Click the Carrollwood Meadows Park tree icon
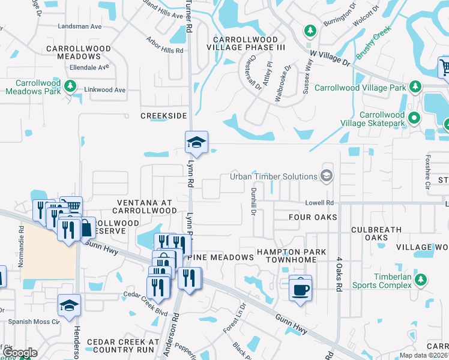coord(70,86)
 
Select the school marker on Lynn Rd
coord(196,143)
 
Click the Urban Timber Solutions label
coord(274,176)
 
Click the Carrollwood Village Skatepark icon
coord(414,119)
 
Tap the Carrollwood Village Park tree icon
coord(415,88)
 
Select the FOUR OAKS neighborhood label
coord(313,217)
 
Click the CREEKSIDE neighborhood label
coord(164,115)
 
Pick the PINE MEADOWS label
coord(220,257)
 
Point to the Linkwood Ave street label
coord(106,90)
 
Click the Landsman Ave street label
coord(79,26)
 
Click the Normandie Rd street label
coord(22,237)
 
